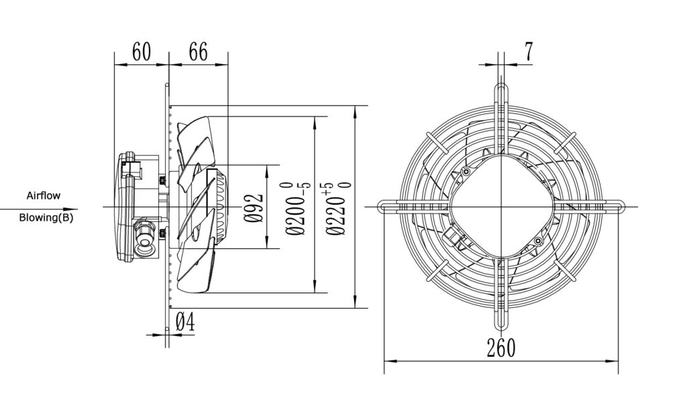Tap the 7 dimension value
coord(529,51)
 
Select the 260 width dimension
coord(501,348)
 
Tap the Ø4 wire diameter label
coord(185,322)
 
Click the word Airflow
coord(44,196)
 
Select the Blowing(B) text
coord(46,217)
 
